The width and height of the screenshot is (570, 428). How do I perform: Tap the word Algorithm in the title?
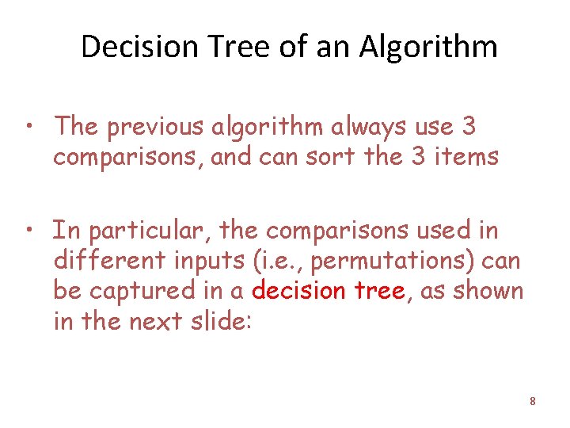428,47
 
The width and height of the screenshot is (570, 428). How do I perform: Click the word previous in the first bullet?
157,125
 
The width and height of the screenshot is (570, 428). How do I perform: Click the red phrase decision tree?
329,291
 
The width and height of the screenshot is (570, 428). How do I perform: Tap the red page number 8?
533,402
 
